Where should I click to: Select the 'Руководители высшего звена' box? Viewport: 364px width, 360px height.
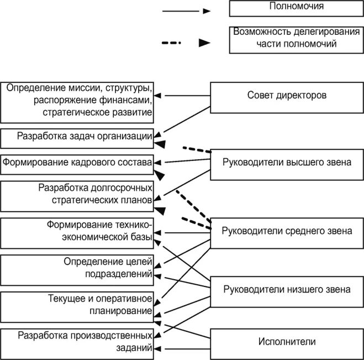pos(286,163)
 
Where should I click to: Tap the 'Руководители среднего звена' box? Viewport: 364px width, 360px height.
pos(286,231)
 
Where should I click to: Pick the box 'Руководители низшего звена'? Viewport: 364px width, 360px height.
pos(286,289)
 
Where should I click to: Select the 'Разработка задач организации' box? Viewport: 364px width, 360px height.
pos(77,137)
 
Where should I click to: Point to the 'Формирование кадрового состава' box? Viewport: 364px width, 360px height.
pos(77,163)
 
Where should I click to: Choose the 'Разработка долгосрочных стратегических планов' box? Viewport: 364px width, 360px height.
pos(77,195)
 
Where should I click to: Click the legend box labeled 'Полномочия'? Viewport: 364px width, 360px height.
pos(296,8)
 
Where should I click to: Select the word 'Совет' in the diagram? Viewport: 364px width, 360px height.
pos(260,95)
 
